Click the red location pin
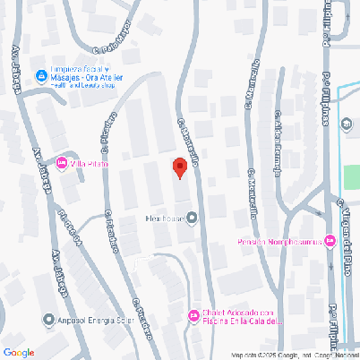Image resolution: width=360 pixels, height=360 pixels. pyautogui.click(x=179, y=167)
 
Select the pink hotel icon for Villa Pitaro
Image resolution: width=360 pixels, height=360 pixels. pyautogui.click(x=62, y=162)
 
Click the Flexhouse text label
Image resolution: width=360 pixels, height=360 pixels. pyautogui.click(x=164, y=218)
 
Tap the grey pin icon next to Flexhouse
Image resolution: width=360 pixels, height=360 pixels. pyautogui.click(x=191, y=218)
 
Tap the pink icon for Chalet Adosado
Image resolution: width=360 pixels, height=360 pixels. pyautogui.click(x=193, y=314)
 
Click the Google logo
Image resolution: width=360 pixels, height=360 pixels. pyautogui.click(x=19, y=353)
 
